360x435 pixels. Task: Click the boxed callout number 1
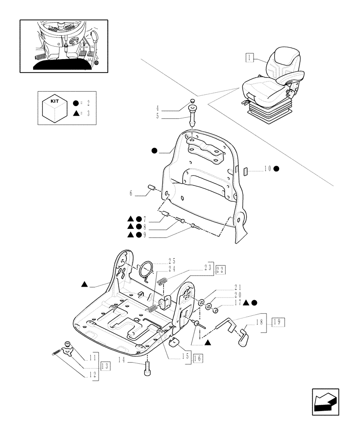click(x=249, y=57)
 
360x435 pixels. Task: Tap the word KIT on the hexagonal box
click(x=55, y=100)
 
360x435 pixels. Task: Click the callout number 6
click(x=130, y=194)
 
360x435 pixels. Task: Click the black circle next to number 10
click(x=277, y=168)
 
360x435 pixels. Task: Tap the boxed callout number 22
click(x=220, y=269)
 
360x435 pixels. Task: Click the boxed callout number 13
click(x=105, y=366)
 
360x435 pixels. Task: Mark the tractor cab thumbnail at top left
click(x=63, y=46)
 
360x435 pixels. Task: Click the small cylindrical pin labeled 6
click(x=153, y=188)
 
